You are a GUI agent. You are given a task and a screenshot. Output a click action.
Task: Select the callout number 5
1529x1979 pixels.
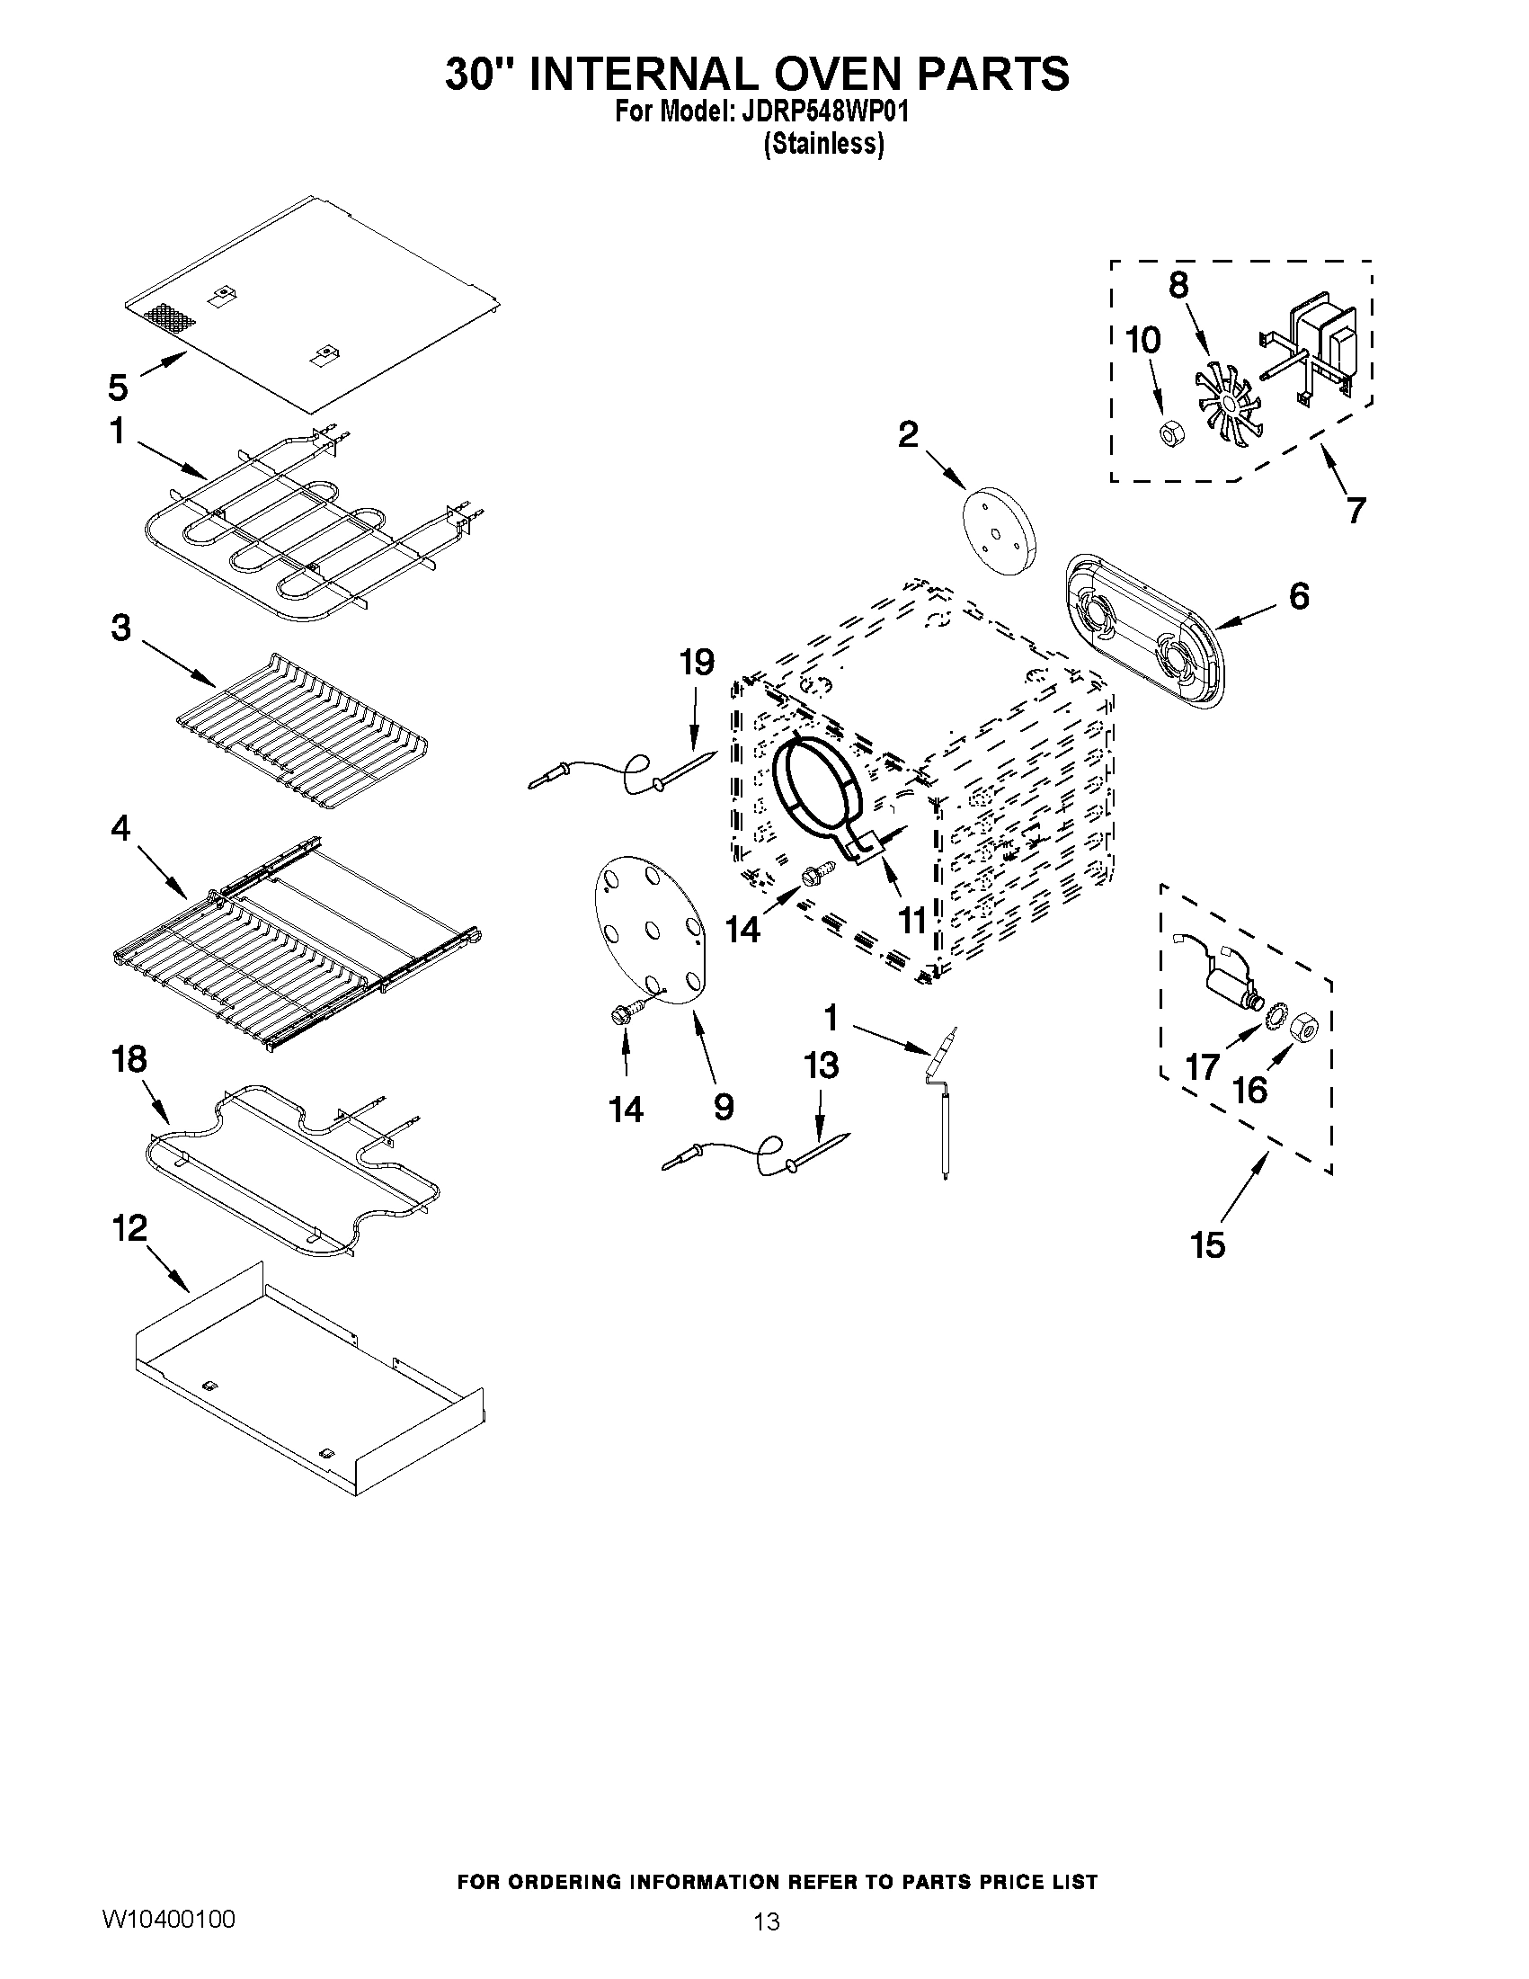coord(119,388)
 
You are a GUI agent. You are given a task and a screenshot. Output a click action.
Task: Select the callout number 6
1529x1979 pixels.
coord(1298,596)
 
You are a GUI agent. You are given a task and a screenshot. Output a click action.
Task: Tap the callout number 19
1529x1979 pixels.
coord(697,663)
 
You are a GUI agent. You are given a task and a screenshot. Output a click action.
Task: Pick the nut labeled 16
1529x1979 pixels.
coord(1303,1025)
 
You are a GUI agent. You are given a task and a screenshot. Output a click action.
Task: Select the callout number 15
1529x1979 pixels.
coord(1208,1245)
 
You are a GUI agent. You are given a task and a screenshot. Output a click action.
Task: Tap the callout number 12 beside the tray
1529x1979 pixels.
coord(129,1229)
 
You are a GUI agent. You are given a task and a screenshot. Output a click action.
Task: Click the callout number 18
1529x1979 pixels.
coord(129,1058)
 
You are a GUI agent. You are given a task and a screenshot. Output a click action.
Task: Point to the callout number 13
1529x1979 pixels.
coord(821,1066)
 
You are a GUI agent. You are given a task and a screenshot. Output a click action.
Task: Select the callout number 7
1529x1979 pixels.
coord(1355,510)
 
